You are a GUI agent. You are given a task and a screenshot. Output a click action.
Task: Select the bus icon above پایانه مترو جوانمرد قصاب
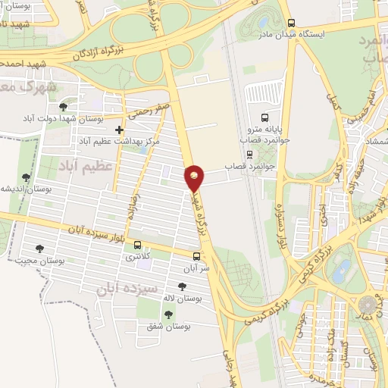click(264, 117)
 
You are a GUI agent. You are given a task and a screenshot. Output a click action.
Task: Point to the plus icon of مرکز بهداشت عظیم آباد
click(119, 130)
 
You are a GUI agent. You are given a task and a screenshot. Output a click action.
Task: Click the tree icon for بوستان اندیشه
click(27, 177)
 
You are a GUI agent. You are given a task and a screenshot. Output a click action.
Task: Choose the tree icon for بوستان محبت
click(39, 249)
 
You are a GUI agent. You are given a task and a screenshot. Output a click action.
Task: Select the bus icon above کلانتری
click(137, 245)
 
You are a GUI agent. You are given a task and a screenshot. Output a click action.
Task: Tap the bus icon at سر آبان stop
click(196, 256)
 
